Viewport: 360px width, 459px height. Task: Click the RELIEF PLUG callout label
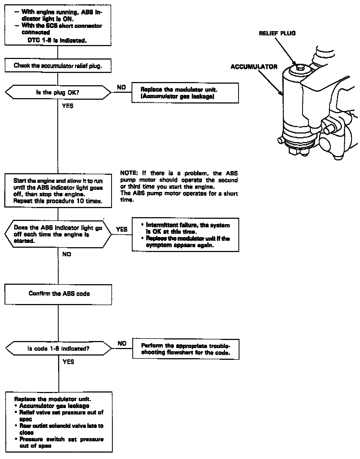click(x=277, y=33)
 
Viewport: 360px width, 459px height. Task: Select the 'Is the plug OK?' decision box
click(x=58, y=92)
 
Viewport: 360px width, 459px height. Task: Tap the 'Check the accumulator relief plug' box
click(x=58, y=66)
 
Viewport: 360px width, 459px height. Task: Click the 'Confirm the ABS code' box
click(x=59, y=294)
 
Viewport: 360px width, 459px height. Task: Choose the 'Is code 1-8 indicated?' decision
click(x=58, y=349)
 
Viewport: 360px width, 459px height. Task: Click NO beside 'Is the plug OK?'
click(x=121, y=87)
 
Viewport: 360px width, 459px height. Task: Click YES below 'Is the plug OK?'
click(x=67, y=106)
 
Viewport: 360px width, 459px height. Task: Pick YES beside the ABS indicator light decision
click(x=122, y=229)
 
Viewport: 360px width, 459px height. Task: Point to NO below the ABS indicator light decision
click(x=67, y=254)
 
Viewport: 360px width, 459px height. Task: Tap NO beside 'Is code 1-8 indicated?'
click(x=122, y=343)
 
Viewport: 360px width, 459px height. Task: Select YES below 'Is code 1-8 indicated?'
click(x=68, y=362)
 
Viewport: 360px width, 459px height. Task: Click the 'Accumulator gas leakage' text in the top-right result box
click(x=177, y=97)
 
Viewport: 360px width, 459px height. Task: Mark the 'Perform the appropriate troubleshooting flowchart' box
click(x=186, y=349)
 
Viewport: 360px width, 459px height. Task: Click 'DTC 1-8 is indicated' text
click(x=57, y=41)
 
